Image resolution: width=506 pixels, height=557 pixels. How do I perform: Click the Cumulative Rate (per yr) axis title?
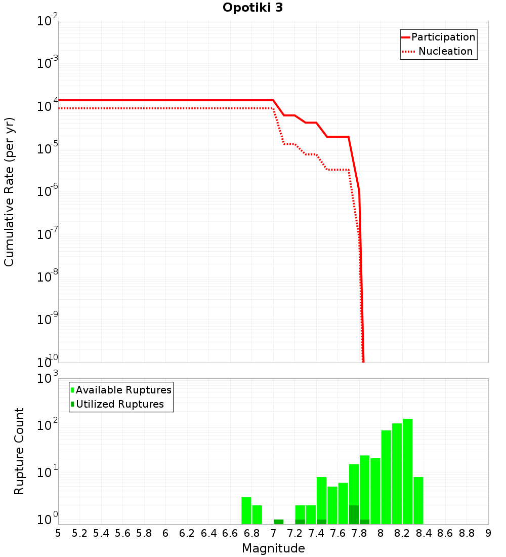pyautogui.click(x=9, y=191)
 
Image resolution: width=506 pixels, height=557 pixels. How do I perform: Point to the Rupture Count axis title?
pyautogui.click(x=19, y=451)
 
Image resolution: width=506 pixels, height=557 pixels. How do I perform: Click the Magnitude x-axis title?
pyautogui.click(x=273, y=548)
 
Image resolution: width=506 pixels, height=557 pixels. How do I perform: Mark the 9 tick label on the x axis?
pyautogui.click(x=488, y=533)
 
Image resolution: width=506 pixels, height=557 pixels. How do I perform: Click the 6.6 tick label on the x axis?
pyautogui.click(x=230, y=533)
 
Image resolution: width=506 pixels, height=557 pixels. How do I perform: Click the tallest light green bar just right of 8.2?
pyautogui.click(x=407, y=471)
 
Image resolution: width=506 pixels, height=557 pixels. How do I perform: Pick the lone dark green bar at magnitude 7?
pyautogui.click(x=278, y=522)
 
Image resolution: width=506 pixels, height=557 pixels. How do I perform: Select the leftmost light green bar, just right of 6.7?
pyautogui.click(x=246, y=510)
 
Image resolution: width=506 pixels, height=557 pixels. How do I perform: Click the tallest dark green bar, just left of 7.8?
pyautogui.click(x=354, y=514)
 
